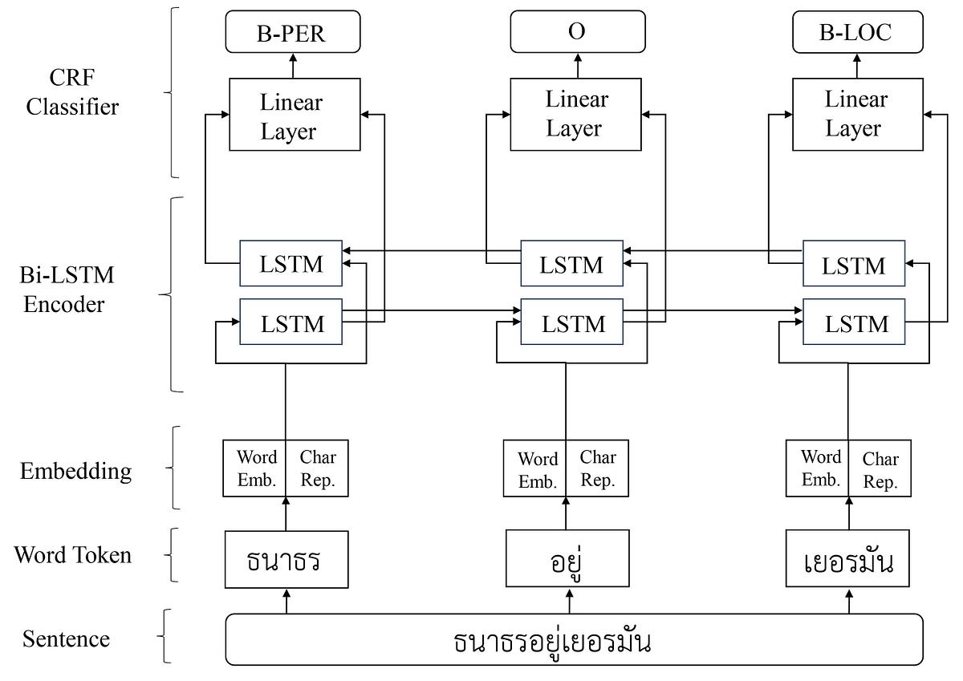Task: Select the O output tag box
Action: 577,32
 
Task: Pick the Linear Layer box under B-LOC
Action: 853,115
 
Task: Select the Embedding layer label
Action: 75,470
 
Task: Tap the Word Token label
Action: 72,554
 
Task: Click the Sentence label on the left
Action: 66,639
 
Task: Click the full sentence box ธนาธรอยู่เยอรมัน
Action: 574,640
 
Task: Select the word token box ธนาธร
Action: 286,559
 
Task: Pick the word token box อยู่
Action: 567,559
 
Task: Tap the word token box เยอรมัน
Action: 847,559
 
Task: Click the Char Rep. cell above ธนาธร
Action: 318,468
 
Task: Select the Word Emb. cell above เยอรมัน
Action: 821,468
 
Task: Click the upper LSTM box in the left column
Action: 291,263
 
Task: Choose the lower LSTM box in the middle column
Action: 572,323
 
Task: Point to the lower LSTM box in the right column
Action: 853,323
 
